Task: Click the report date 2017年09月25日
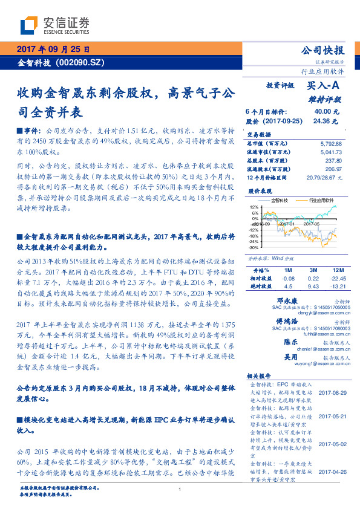pos(53,50)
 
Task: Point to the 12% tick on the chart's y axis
pos(254,206)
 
